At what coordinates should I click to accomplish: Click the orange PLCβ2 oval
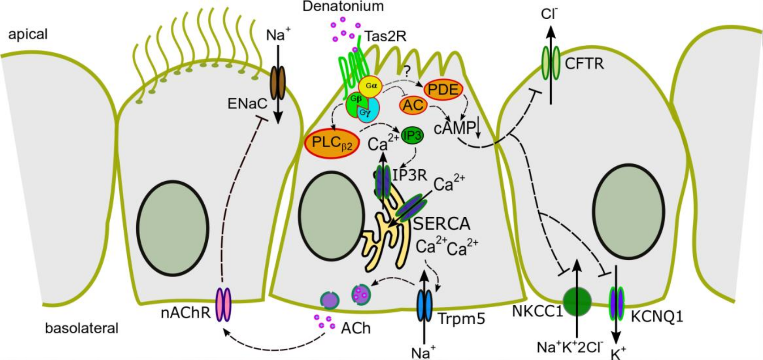332,144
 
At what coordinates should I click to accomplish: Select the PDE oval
443,89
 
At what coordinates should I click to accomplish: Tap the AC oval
413,105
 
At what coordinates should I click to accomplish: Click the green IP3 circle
412,136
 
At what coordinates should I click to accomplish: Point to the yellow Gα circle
371,86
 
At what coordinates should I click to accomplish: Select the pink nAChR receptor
223,305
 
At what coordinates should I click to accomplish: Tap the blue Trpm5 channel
424,306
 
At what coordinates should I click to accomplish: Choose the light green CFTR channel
551,63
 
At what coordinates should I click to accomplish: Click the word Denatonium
343,7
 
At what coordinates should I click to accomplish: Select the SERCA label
442,224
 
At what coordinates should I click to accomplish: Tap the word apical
28,34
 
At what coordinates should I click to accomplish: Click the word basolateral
81,328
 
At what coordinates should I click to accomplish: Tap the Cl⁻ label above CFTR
550,14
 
